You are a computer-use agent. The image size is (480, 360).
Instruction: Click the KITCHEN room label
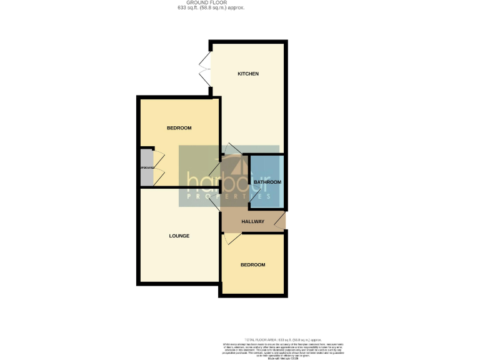coord(248,74)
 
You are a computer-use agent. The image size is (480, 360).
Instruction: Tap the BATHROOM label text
coord(267,182)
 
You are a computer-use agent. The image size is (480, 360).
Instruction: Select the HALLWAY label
coord(253,222)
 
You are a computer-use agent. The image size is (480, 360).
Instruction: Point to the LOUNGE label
coord(179,236)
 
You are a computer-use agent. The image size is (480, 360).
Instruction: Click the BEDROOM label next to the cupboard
coord(179,128)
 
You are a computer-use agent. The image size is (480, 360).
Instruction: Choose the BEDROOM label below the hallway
coord(253,265)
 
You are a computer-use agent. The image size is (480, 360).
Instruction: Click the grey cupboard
coord(146,167)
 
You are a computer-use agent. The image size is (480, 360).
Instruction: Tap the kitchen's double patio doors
coord(204,69)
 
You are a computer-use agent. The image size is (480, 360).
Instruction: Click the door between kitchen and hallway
coord(232,149)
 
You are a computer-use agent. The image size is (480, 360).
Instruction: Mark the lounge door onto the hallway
coord(215,201)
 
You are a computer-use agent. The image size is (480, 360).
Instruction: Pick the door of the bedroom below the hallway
coord(232,238)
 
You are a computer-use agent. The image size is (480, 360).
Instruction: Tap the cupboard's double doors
coord(158,167)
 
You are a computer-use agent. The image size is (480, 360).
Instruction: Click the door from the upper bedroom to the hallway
coord(215,169)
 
